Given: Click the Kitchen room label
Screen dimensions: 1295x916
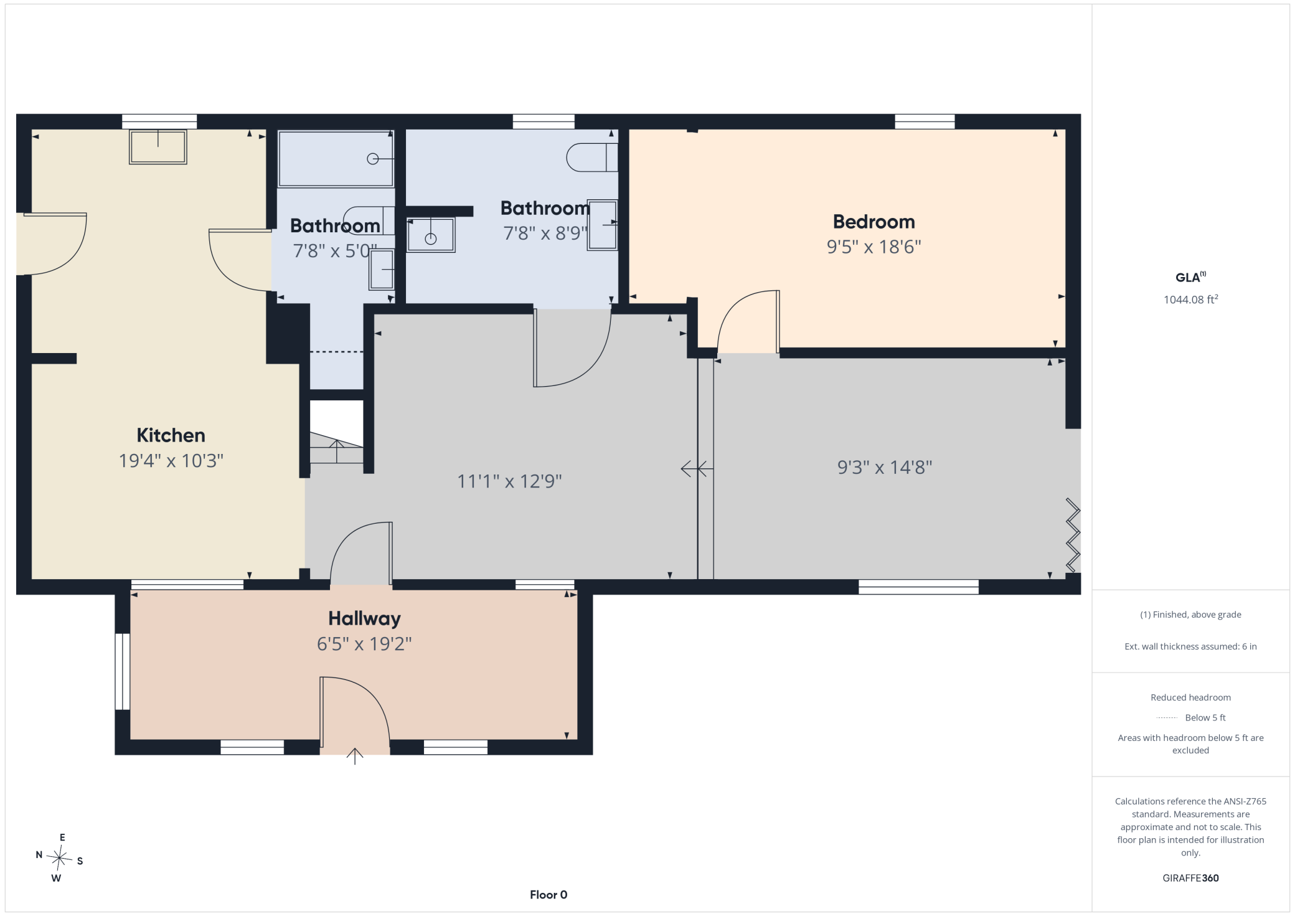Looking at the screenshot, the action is tap(171, 435).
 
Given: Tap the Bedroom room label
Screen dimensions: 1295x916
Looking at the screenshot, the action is tap(874, 222).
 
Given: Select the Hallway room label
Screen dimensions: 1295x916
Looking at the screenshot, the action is tap(364, 618).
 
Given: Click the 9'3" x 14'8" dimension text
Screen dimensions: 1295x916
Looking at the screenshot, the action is tap(884, 467).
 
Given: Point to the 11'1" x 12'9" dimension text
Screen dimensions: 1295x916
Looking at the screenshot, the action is tap(509, 481).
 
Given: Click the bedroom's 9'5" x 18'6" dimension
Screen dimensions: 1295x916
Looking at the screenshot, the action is tap(874, 247).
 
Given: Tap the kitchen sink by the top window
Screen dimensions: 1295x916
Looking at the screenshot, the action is tap(158, 147).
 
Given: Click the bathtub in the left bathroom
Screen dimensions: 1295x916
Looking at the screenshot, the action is tap(336, 158).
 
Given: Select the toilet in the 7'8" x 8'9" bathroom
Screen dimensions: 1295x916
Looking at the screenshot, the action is tap(591, 157).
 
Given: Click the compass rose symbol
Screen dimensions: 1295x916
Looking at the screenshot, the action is tap(59, 858).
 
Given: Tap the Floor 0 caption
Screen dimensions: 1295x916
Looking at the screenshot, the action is tap(549, 895).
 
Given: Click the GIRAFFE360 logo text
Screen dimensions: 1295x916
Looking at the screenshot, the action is tap(1190, 878).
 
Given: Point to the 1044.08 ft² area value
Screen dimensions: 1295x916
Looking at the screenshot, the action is tap(1190, 300).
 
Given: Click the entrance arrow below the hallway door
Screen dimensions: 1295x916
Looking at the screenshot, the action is tap(355, 756).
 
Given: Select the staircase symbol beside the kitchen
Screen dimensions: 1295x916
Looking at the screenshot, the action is tap(336, 447).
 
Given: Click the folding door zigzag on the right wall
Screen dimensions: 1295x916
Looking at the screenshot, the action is tap(1073, 535).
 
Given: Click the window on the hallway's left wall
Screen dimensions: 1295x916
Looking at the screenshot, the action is tap(122, 671).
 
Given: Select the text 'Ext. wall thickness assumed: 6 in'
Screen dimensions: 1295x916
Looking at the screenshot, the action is tap(1190, 646).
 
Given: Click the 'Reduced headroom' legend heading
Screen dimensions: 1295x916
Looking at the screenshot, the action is tap(1190, 697).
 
